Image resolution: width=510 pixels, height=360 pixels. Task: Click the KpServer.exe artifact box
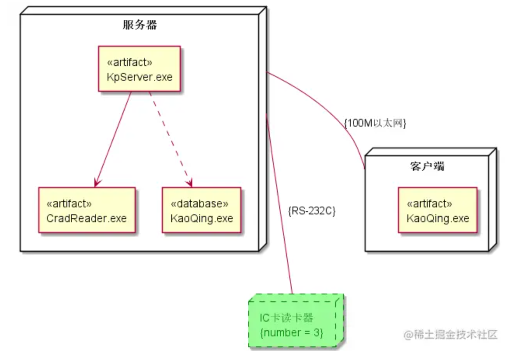pyautogui.click(x=139, y=69)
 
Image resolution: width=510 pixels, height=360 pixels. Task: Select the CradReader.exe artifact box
pyautogui.click(x=87, y=210)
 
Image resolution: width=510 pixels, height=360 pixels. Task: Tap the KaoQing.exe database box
pyautogui.click(x=201, y=210)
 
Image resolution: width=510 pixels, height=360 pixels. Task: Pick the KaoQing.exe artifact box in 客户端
pyautogui.click(x=437, y=210)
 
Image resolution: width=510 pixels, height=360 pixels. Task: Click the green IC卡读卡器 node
pyautogui.click(x=296, y=322)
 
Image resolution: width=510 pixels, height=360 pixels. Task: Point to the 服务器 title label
pyautogui.click(x=140, y=25)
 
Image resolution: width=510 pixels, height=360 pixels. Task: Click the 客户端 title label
pyautogui.click(x=427, y=166)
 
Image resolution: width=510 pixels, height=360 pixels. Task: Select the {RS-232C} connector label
pyautogui.click(x=312, y=210)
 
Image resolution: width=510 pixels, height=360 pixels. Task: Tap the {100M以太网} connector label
pyautogui.click(x=375, y=123)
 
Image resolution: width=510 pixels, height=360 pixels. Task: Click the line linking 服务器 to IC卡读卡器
pyautogui.click(x=279, y=206)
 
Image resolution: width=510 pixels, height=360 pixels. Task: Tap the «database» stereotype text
pyautogui.click(x=199, y=203)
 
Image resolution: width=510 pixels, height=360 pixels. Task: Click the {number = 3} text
pyautogui.click(x=291, y=332)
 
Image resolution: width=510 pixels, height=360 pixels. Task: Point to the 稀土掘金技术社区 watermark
pyautogui.click(x=451, y=334)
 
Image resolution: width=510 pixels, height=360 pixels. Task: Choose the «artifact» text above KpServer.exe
pyautogui.click(x=129, y=62)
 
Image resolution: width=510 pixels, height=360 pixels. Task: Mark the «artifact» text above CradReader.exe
pyautogui.click(x=69, y=203)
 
